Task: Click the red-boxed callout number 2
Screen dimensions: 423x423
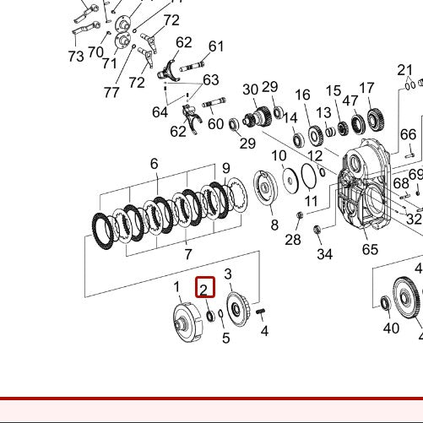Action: tap(203, 289)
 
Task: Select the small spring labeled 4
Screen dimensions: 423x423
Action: tap(260, 314)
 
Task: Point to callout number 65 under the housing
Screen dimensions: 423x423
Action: tap(370, 249)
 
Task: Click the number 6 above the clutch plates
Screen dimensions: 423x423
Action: tap(155, 163)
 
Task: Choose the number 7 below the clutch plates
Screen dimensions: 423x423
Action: tap(187, 253)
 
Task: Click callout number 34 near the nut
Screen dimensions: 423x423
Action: tap(324, 254)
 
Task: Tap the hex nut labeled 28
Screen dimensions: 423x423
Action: tap(300, 220)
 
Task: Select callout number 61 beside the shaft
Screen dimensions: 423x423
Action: tap(216, 46)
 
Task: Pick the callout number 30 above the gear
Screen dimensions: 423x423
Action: tap(250, 89)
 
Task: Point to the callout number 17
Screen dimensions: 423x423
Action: tap(366, 88)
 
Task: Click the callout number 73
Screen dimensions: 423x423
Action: tap(76, 57)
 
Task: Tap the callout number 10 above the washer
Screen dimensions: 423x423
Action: tap(279, 156)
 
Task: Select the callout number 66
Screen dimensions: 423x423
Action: tap(408, 134)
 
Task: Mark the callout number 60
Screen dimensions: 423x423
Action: tap(216, 124)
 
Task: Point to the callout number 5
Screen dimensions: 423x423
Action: tap(225, 339)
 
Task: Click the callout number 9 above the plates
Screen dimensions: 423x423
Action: tap(225, 168)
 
